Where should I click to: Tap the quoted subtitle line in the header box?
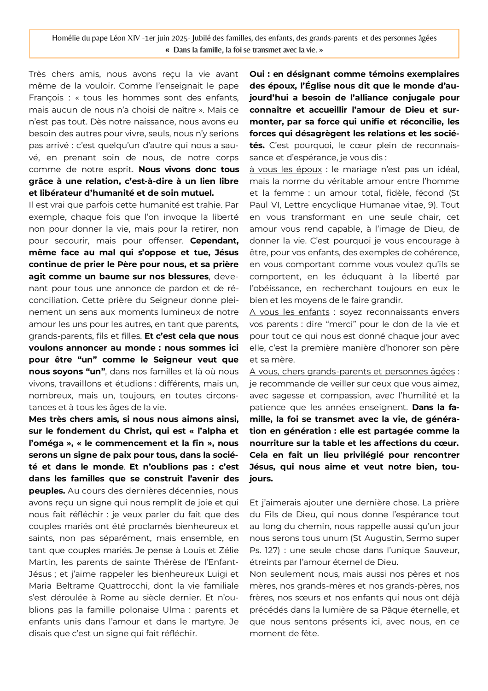(x=244, y=50)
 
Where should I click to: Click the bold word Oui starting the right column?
(x=257, y=74)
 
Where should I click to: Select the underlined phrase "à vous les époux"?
(x=285, y=170)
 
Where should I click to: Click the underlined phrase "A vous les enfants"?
(x=290, y=312)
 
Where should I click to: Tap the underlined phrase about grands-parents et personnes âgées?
(x=352, y=372)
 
